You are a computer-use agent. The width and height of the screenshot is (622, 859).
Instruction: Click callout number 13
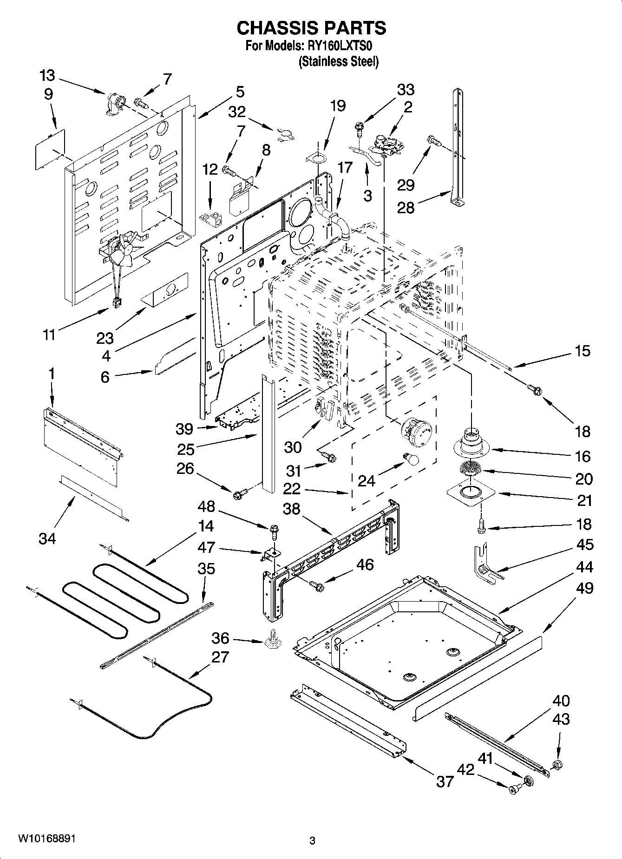pyautogui.click(x=46, y=75)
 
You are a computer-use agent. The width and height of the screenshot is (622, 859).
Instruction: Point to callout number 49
pyautogui.click(x=584, y=588)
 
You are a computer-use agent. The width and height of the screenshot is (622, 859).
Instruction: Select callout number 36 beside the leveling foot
pyautogui.click(x=220, y=638)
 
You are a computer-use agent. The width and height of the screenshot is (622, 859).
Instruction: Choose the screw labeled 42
pyautogui.click(x=514, y=789)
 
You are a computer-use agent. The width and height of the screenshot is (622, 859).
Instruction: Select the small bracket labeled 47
pyautogui.click(x=270, y=553)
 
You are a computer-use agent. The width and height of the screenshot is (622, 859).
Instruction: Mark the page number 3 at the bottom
pyautogui.click(x=312, y=840)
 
